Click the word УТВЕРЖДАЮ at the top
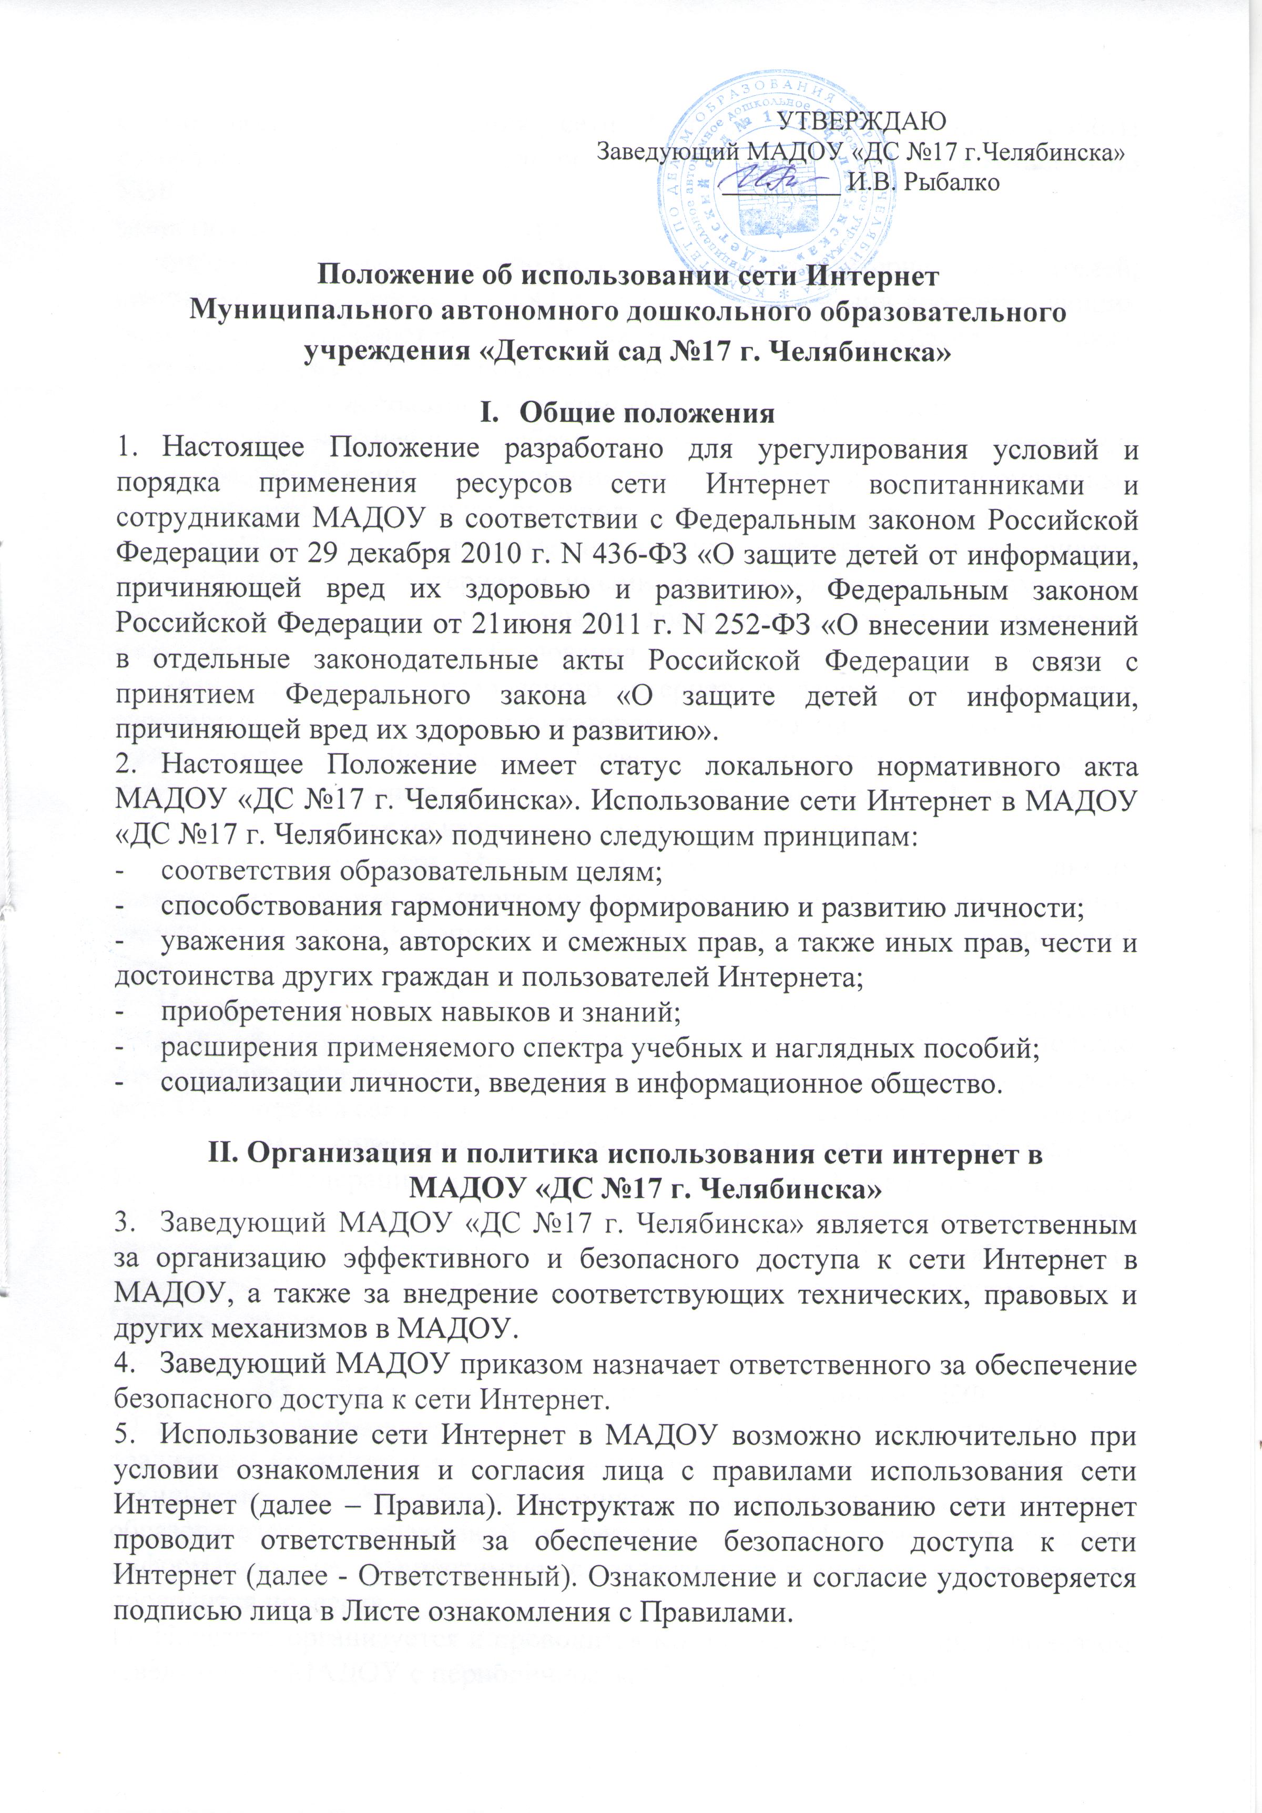click(862, 121)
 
